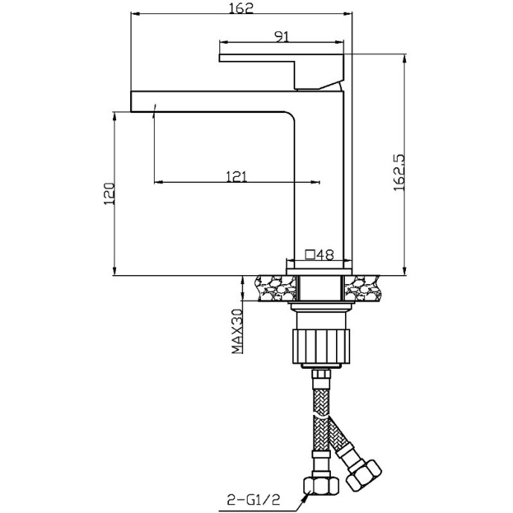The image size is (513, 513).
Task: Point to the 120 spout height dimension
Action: click(x=109, y=193)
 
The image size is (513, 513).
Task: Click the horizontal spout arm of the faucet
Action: click(x=216, y=102)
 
